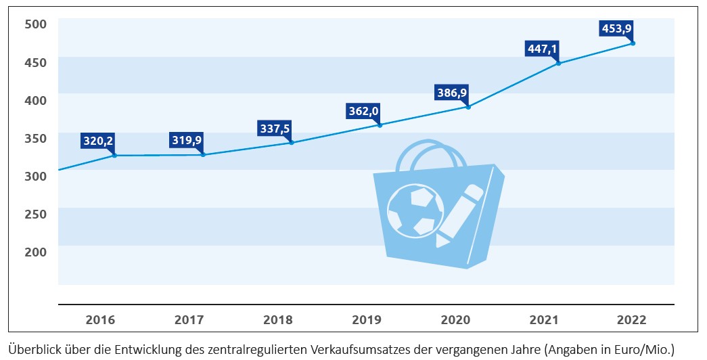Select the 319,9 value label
[187, 141]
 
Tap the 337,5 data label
[275, 128]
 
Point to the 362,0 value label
[362, 111]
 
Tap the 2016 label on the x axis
[99, 320]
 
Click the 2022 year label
[632, 320]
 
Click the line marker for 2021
[558, 63]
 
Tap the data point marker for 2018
[292, 143]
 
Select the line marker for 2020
[468, 107]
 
